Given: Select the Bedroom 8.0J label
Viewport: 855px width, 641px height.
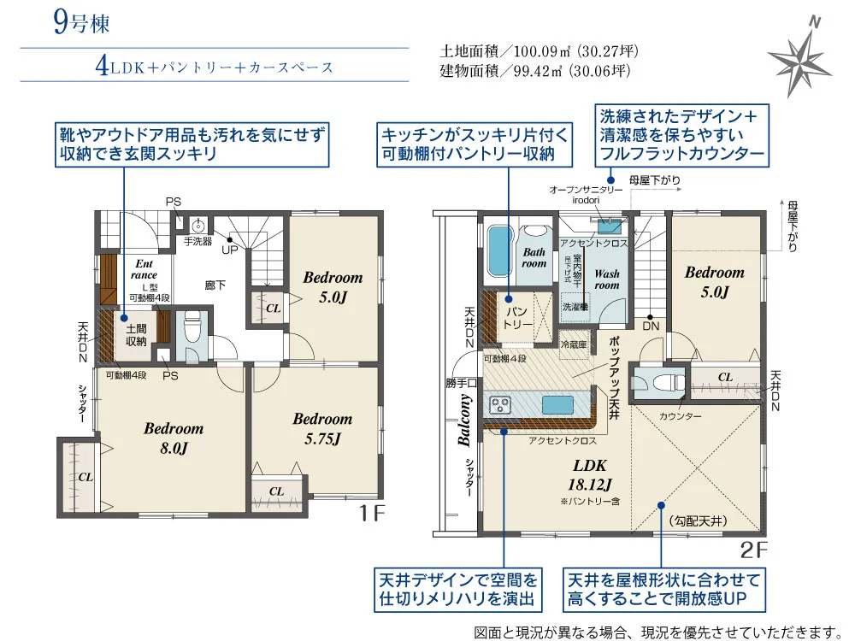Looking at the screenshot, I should click(173, 438).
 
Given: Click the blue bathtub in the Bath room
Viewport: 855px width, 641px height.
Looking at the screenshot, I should click(498, 253).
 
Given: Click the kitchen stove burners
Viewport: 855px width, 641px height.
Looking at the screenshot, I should click(499, 404).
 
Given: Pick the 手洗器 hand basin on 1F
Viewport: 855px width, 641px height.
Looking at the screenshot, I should click(198, 226).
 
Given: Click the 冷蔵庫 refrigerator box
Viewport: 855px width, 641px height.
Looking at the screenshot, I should click(573, 344).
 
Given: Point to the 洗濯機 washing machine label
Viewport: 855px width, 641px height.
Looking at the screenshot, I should click(575, 306).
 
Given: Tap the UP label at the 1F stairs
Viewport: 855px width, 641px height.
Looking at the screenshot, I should click(230, 250).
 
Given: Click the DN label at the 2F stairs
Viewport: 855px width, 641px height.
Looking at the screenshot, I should click(651, 326).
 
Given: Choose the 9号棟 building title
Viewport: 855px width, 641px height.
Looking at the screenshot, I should click(81, 23).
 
